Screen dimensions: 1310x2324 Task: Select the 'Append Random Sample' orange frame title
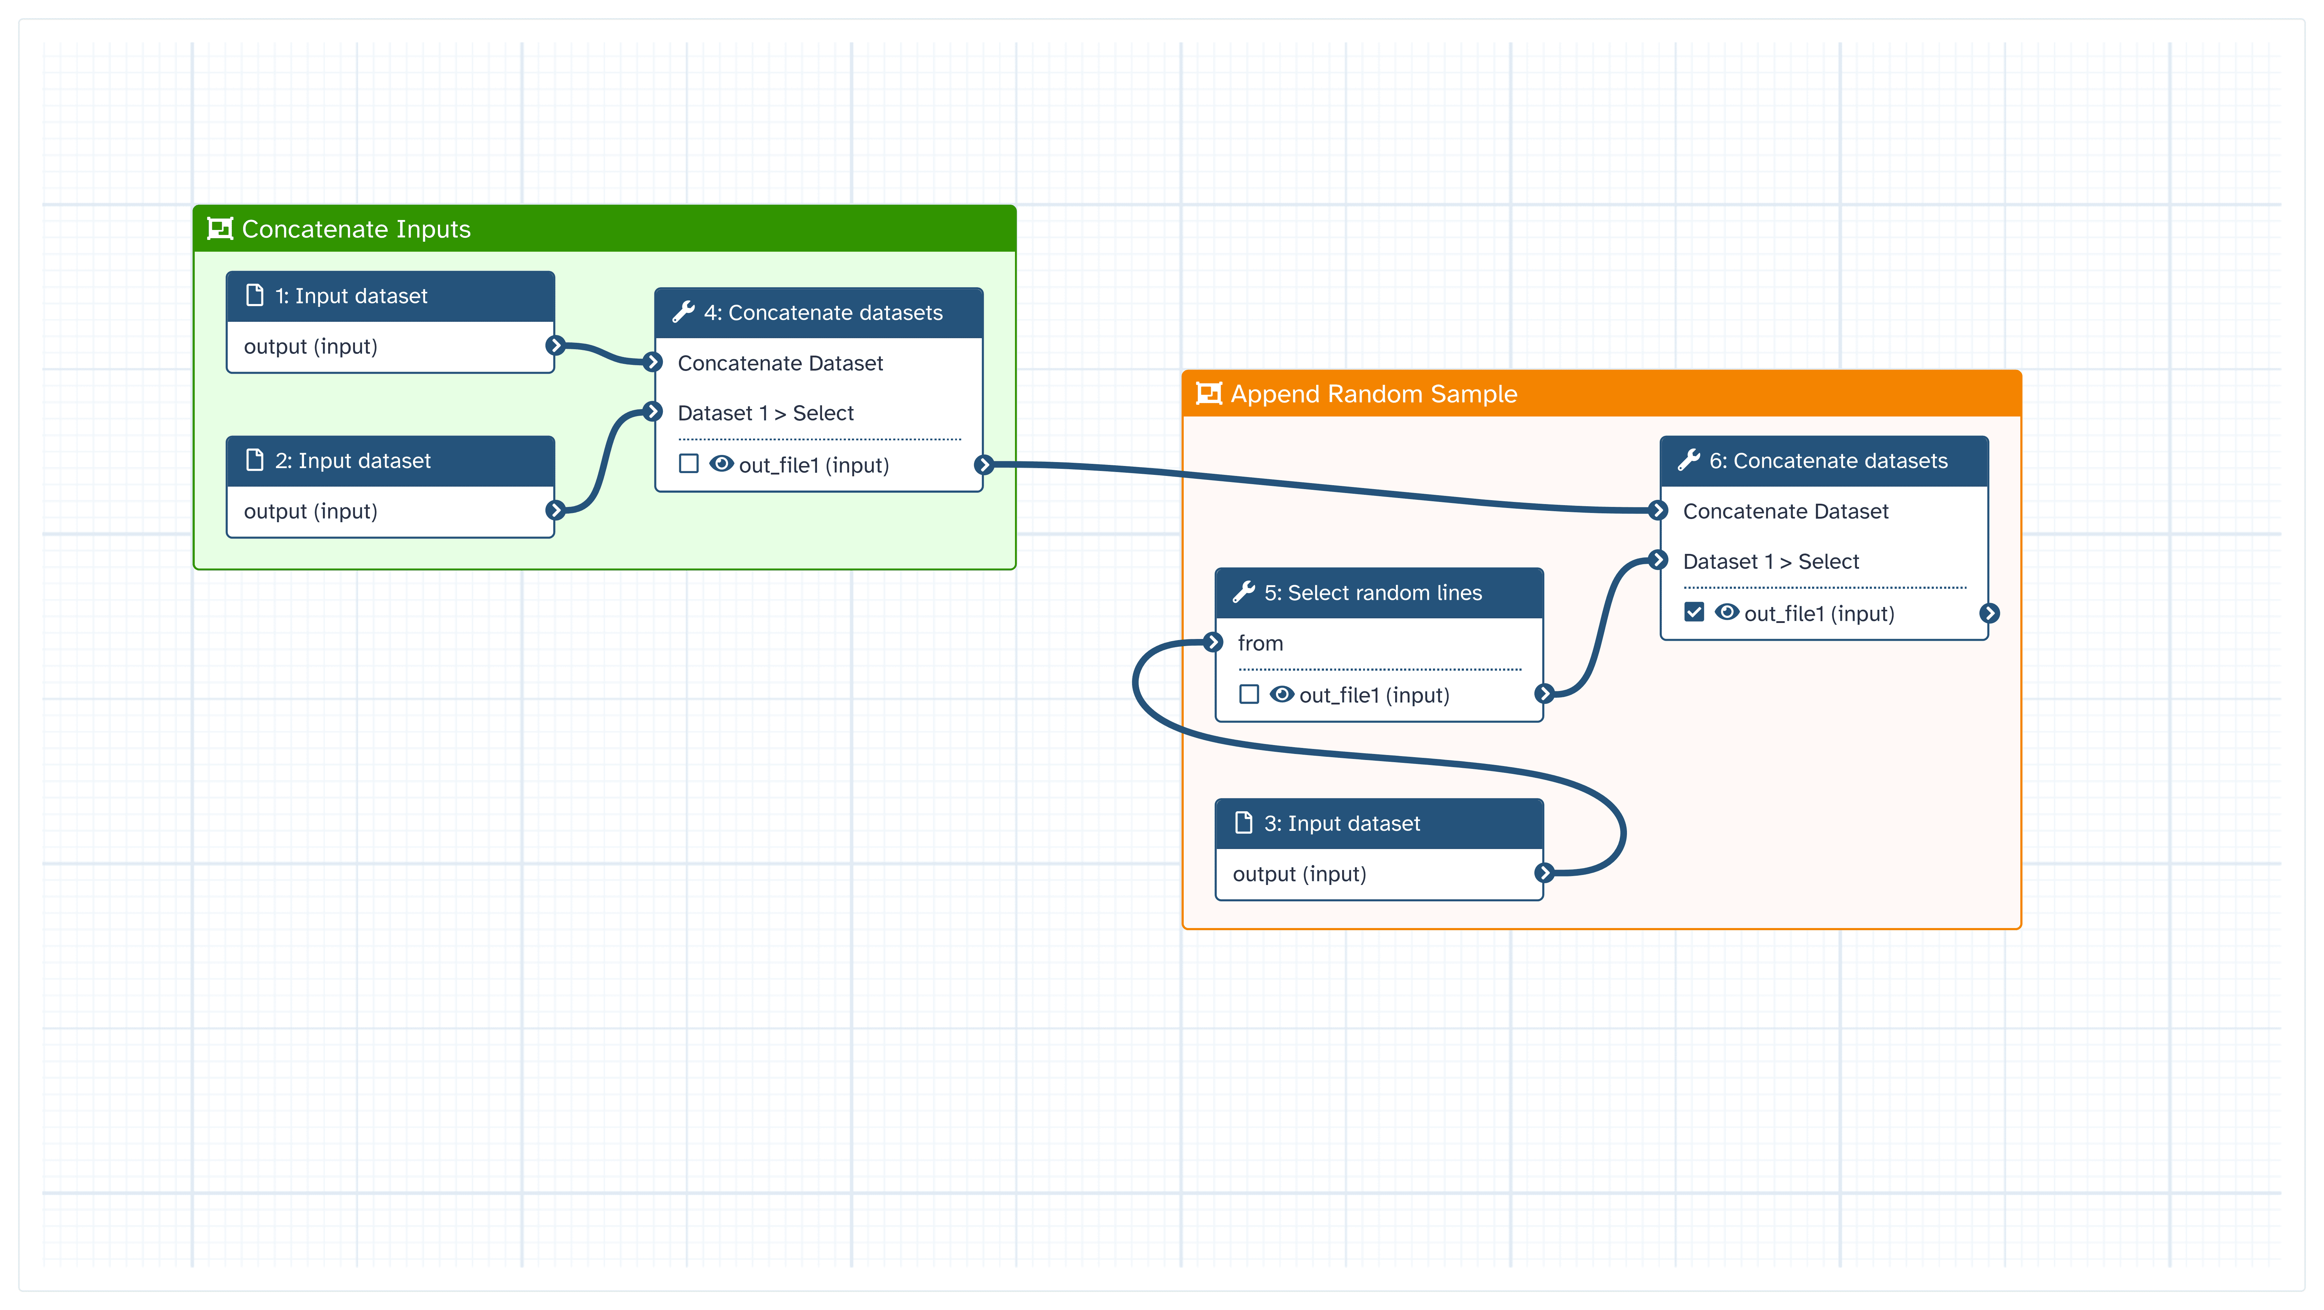pyautogui.click(x=1373, y=394)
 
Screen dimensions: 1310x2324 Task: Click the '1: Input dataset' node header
pyautogui.click(x=351, y=296)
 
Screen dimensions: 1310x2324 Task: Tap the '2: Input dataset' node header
pyautogui.click(x=353, y=461)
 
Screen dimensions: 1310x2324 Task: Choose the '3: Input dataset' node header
pyautogui.click(x=1341, y=824)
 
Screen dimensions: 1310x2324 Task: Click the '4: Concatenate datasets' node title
pyautogui.click(x=823, y=313)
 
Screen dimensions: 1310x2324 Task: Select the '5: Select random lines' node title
pyautogui.click(x=1372, y=593)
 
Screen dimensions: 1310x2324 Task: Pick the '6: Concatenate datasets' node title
pyautogui.click(x=1828, y=461)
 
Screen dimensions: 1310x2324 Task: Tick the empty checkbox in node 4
pyautogui.click(x=689, y=464)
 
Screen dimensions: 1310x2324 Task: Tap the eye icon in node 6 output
pyautogui.click(x=1727, y=613)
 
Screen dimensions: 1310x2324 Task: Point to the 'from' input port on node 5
pyautogui.click(x=1213, y=643)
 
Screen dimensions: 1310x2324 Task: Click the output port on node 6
pyautogui.click(x=1989, y=613)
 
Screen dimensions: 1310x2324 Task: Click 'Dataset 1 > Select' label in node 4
pyautogui.click(x=765, y=413)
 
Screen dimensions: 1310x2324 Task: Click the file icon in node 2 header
pyautogui.click(x=255, y=460)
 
